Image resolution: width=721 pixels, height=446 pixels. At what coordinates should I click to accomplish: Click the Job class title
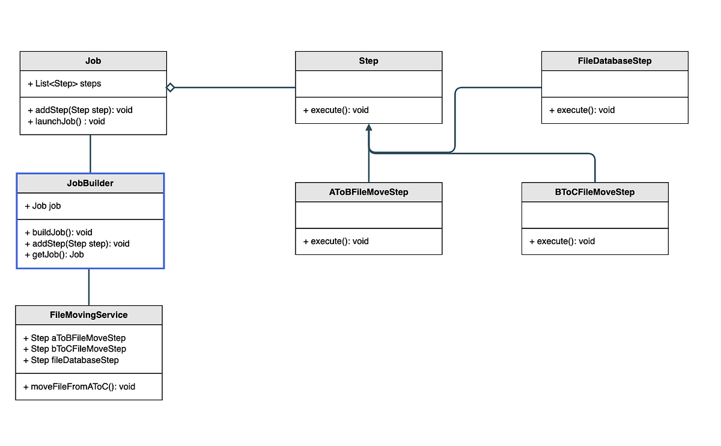click(93, 61)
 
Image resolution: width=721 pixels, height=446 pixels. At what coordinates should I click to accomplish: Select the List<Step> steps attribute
click(64, 84)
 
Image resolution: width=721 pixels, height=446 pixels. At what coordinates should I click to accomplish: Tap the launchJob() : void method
click(66, 121)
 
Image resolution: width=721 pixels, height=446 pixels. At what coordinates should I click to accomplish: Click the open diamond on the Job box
click(170, 88)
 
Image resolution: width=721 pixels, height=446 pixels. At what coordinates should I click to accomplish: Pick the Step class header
click(368, 61)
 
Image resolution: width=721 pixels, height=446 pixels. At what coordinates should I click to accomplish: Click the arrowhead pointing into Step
click(369, 127)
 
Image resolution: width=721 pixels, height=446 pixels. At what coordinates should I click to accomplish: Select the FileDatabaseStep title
click(614, 61)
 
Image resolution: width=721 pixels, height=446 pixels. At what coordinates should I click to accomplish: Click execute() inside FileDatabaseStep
click(582, 110)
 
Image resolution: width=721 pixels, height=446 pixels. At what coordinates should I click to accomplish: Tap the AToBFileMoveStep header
click(368, 192)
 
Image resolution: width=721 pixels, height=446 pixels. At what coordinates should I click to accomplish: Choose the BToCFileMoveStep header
click(595, 192)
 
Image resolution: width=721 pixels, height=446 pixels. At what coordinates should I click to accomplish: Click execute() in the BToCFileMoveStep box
click(562, 241)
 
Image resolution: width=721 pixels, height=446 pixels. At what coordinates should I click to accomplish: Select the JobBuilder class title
click(90, 183)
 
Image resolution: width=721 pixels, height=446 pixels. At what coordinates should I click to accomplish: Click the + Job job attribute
click(43, 206)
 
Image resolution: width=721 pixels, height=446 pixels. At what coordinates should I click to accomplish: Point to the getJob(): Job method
click(54, 254)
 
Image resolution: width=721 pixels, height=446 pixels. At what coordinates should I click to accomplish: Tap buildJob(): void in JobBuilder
click(58, 232)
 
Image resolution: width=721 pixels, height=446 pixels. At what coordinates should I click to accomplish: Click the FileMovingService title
click(88, 314)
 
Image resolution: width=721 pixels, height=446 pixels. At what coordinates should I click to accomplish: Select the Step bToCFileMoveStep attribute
click(75, 349)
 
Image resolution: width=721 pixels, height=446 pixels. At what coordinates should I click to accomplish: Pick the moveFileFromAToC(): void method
click(79, 386)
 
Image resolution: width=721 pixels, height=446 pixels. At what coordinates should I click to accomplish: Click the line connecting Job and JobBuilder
click(90, 154)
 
